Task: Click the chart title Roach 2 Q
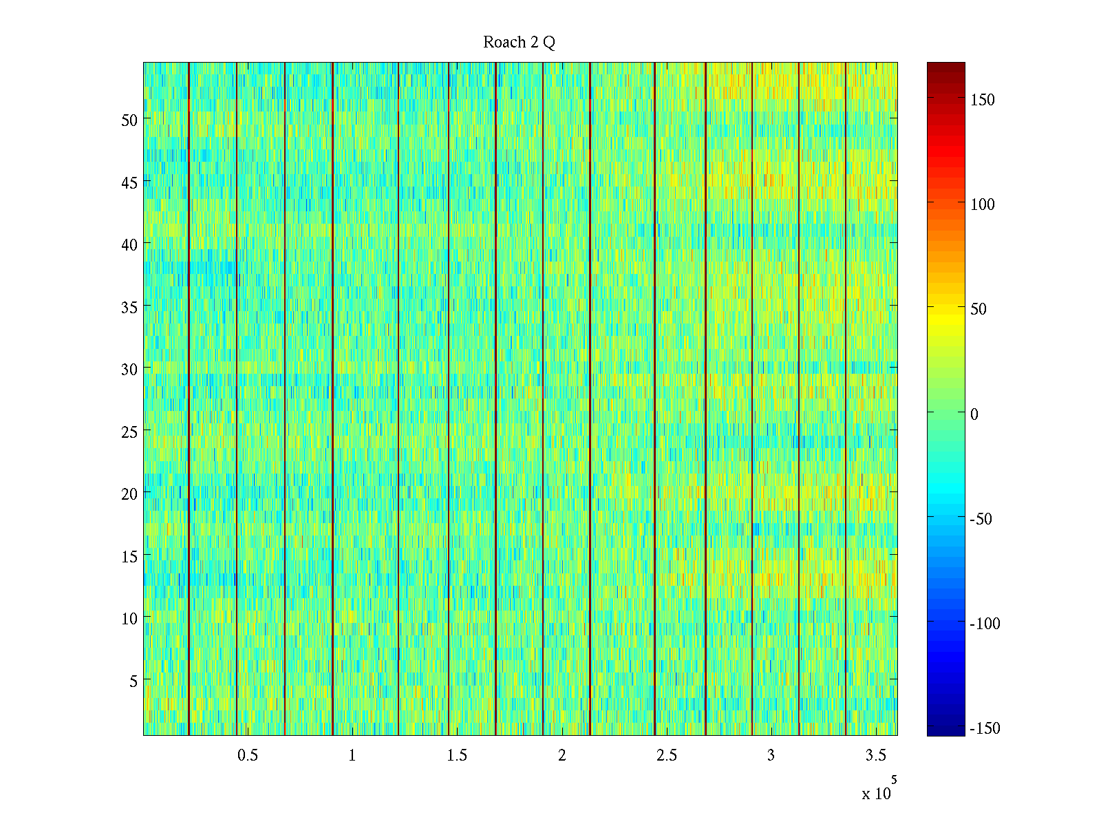pyautogui.click(x=519, y=43)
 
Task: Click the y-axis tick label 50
pyautogui.click(x=129, y=120)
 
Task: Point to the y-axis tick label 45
pyautogui.click(x=129, y=182)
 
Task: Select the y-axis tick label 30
pyautogui.click(x=129, y=369)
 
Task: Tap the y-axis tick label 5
pyautogui.click(x=133, y=681)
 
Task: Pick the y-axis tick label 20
pyautogui.click(x=129, y=494)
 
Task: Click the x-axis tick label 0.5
pyautogui.click(x=248, y=756)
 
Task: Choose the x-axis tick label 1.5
pyautogui.click(x=457, y=756)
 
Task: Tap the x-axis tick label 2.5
pyautogui.click(x=666, y=756)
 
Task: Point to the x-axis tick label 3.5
pyautogui.click(x=875, y=756)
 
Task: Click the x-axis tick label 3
pyautogui.click(x=771, y=756)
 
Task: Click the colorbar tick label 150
pyautogui.click(x=982, y=100)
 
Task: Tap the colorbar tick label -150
pyautogui.click(x=985, y=728)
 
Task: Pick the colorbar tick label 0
pyautogui.click(x=974, y=414)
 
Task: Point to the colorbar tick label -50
pyautogui.click(x=981, y=519)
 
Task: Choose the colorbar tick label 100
pyautogui.click(x=982, y=204)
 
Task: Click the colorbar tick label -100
pyautogui.click(x=985, y=624)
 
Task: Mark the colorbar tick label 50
pyautogui.click(x=978, y=309)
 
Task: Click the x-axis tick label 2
pyautogui.click(x=562, y=756)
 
